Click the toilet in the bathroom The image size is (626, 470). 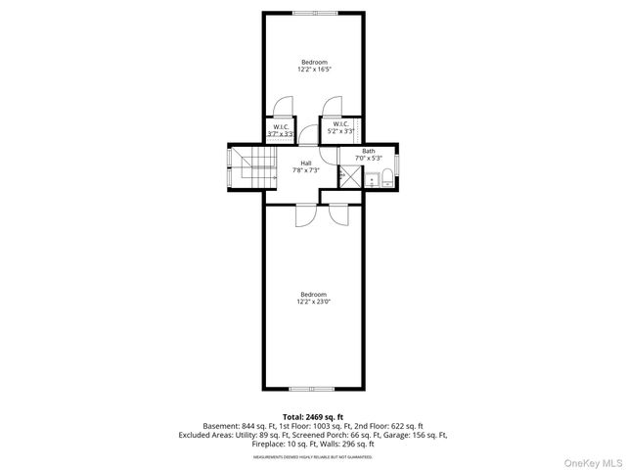pos(387,177)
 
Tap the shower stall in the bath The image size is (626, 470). pos(348,176)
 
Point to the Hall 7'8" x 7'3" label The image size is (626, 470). pos(306,167)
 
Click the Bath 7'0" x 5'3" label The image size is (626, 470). pos(369,155)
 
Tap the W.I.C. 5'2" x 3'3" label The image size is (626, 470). pos(340,127)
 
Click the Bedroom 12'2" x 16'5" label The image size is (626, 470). pos(313,67)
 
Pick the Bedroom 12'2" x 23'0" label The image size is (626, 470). pos(313,299)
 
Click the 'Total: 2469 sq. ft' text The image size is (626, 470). pos(313,417)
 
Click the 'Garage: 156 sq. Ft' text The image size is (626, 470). pos(415,435)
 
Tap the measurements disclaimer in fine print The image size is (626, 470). pos(313,456)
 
